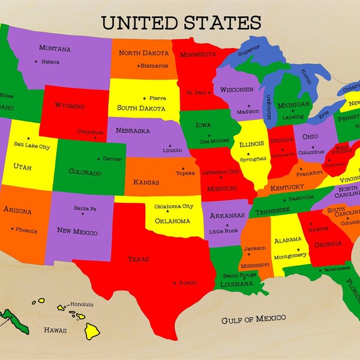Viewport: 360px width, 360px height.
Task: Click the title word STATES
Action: point(224,23)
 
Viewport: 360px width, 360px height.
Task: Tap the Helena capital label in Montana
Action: point(50,62)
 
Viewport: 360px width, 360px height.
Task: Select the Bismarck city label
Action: point(155,65)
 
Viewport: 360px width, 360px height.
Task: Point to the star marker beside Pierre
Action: point(144,98)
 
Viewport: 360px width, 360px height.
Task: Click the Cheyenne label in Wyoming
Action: point(90,132)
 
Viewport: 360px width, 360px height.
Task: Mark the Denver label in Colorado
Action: point(112,159)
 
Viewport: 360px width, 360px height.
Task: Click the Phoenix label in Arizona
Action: point(26,230)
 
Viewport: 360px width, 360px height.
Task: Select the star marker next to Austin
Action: point(175,283)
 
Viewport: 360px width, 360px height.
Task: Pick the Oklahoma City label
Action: point(174,207)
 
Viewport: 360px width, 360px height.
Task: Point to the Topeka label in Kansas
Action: point(185,173)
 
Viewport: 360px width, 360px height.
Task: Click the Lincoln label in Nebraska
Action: point(172,150)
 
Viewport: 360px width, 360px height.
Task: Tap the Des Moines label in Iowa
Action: point(214,141)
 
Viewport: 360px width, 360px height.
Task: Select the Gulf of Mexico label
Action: point(253,318)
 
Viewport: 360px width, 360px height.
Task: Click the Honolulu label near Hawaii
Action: point(82,304)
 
